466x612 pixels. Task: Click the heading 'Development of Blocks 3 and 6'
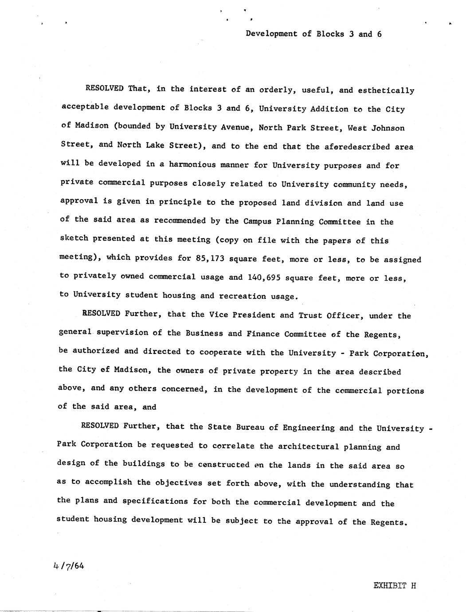click(x=313, y=34)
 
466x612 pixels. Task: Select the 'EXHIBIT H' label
click(x=395, y=585)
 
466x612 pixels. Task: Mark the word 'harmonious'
click(x=192, y=165)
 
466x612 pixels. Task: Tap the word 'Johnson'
click(x=388, y=128)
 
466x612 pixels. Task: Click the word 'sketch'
click(x=74, y=238)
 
